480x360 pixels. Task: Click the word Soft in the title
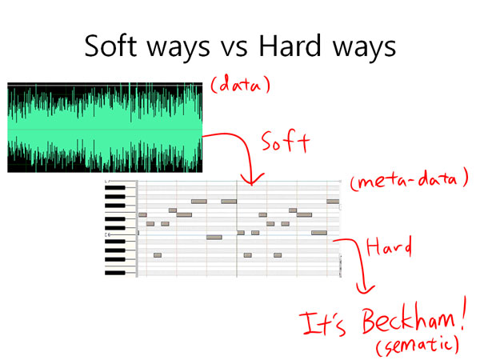pos(110,46)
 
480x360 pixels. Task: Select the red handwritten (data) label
pos(241,83)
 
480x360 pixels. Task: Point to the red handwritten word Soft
pos(286,142)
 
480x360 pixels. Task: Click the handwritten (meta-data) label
pos(410,180)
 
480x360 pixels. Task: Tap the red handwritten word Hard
pos(389,246)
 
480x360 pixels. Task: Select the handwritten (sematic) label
pos(418,346)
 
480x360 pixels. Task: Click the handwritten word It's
pos(322,324)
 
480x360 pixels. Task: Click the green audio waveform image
pos(105,127)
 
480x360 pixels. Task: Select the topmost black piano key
pos(115,188)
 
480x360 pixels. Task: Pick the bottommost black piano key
pos(115,273)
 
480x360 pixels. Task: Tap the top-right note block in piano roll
pos(333,202)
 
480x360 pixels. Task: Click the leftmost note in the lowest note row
pos(158,255)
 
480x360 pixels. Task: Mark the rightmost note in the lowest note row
pos(278,255)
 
